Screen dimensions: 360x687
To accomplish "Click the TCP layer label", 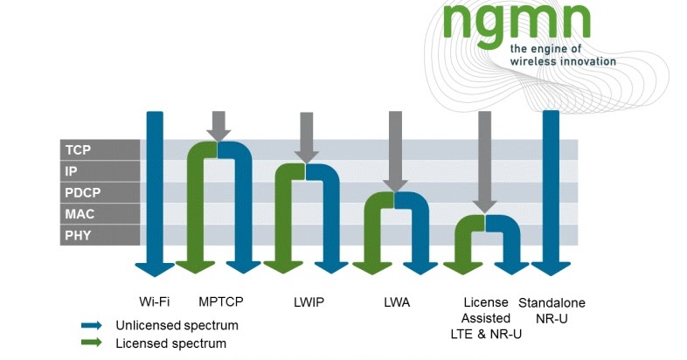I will pyautogui.click(x=79, y=149).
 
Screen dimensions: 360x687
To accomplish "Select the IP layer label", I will pyautogui.click(x=73, y=171).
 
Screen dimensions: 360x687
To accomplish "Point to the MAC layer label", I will pyautogui.click(x=80, y=214).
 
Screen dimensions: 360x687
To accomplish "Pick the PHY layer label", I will pyautogui.click(x=79, y=235).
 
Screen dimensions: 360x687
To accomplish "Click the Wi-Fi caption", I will pyautogui.click(x=154, y=302).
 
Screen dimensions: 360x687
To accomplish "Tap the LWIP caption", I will pyautogui.click(x=309, y=302).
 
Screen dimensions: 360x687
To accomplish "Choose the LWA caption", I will pyautogui.click(x=396, y=302).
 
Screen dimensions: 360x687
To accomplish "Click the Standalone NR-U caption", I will pyautogui.click(x=552, y=310).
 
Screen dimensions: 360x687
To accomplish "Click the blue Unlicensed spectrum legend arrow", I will pyautogui.click(x=91, y=325).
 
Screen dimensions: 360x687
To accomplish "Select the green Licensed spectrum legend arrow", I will pyautogui.click(x=91, y=343).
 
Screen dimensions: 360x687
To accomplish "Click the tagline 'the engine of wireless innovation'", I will pyautogui.click(x=563, y=55).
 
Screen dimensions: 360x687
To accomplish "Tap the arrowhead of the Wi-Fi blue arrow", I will pyautogui.click(x=155, y=266).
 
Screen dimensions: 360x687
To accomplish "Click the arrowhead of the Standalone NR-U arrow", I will pyautogui.click(x=551, y=266).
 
